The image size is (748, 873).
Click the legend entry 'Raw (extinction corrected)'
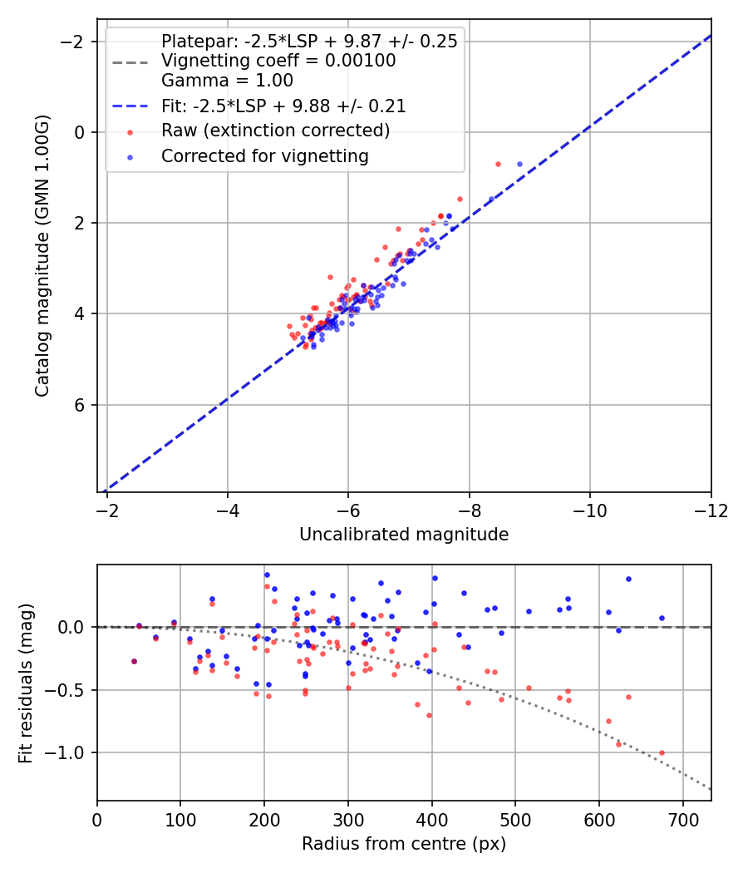coord(275,131)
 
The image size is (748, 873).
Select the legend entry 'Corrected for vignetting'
coord(265,155)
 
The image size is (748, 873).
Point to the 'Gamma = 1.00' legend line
coord(227,81)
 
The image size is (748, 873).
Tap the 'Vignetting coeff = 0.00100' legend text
coord(278,61)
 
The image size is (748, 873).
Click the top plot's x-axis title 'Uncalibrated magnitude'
coord(404,535)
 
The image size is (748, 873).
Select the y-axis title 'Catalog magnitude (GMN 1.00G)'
coord(42,255)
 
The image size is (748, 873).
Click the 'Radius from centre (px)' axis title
coord(404,844)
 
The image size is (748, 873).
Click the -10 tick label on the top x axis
coord(589,510)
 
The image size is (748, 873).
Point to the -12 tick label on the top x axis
coord(711,510)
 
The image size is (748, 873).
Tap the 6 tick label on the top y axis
coord(80,405)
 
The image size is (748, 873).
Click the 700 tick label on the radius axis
coord(682,820)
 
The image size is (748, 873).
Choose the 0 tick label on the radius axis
coord(97,820)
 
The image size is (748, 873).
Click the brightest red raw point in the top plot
coord(498,164)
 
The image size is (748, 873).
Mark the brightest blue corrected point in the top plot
coord(520,164)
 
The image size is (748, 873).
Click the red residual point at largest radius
coord(662,752)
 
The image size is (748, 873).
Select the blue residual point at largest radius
coord(662,618)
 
